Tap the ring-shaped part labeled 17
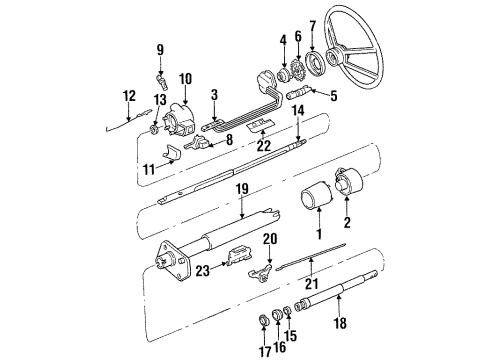(267, 321)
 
